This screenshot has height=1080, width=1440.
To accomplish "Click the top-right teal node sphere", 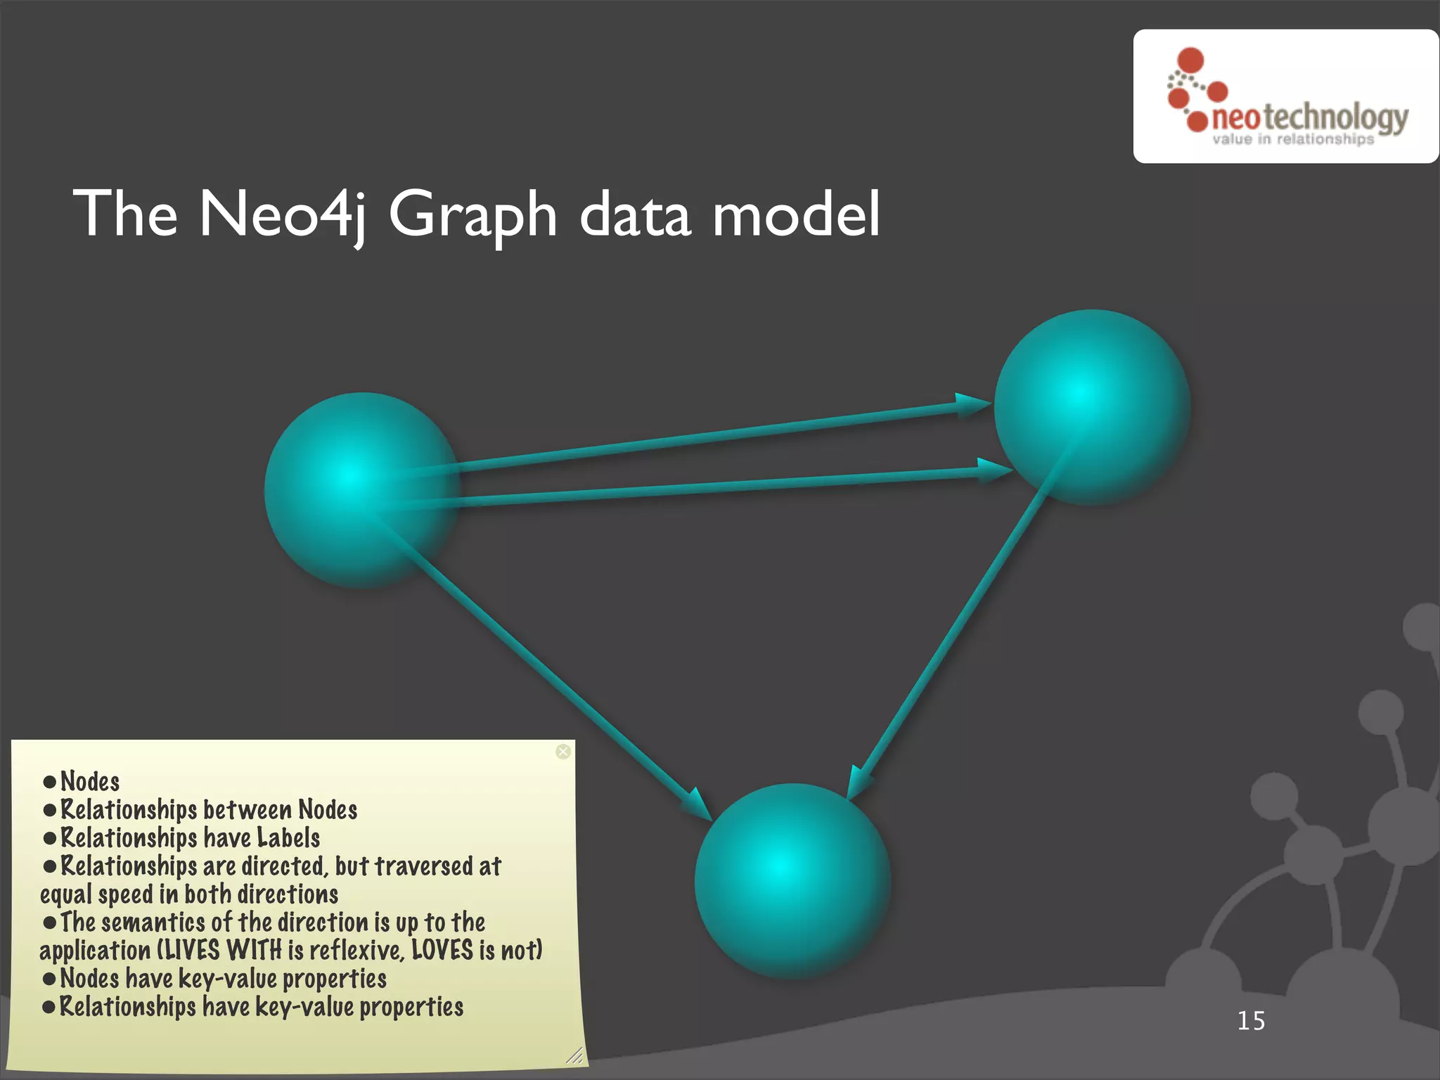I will pyautogui.click(x=1091, y=407).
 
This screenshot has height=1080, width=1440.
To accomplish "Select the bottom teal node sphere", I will pyautogui.click(x=792, y=881).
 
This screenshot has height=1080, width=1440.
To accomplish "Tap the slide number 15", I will pyautogui.click(x=1251, y=1021).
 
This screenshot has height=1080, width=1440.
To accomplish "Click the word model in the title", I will pyautogui.click(x=796, y=214).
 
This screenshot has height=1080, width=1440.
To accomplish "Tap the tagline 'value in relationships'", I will pyautogui.click(x=1292, y=139).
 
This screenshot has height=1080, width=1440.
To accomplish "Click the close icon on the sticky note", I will pyautogui.click(x=563, y=752).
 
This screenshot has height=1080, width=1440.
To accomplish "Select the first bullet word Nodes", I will pyautogui.click(x=90, y=781).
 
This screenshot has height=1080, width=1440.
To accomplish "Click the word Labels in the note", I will pyautogui.click(x=288, y=837).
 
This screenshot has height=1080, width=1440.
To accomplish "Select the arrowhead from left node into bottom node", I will pyautogui.click(x=699, y=806).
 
